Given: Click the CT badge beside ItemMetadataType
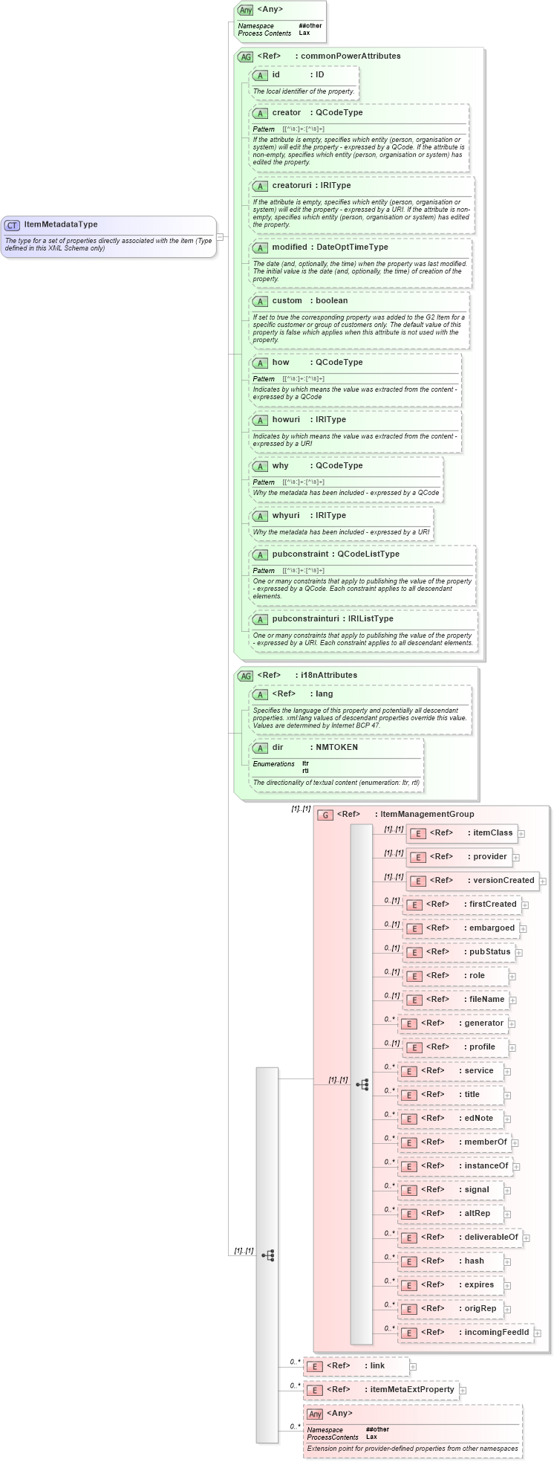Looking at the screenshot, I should click(x=12, y=224).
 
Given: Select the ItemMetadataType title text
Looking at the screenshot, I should click(x=61, y=224).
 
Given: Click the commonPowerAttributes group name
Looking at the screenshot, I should click(x=351, y=56).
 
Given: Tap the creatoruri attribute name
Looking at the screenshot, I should click(x=291, y=185).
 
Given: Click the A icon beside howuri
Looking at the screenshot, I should click(x=260, y=420).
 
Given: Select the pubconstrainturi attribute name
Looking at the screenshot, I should click(x=306, y=618).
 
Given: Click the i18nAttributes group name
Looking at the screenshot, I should click(x=328, y=675).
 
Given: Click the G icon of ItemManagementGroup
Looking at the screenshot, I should click(x=325, y=815).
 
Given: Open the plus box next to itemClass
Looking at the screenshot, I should click(x=521, y=834).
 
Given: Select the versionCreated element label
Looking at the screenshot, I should click(x=504, y=880).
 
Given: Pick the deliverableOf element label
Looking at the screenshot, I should click(x=491, y=1237).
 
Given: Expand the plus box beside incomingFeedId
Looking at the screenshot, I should click(x=538, y=1333).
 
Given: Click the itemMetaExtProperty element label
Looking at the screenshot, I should click(x=412, y=1389).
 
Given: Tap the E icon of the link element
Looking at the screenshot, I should click(x=314, y=1366).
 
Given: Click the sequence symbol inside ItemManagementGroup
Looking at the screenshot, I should click(x=362, y=1084).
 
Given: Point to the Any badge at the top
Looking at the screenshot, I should click(x=245, y=10).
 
